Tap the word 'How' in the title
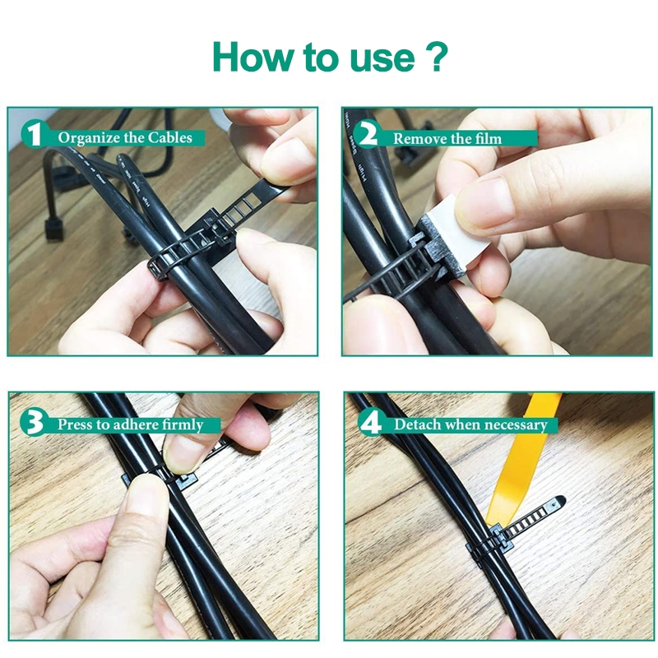tap(252, 57)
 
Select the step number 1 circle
tap(34, 134)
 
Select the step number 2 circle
tap(368, 134)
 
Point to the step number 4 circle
tap(371, 422)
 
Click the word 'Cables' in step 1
tap(169, 137)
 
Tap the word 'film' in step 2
tap(488, 138)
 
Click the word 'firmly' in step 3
tap(182, 425)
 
